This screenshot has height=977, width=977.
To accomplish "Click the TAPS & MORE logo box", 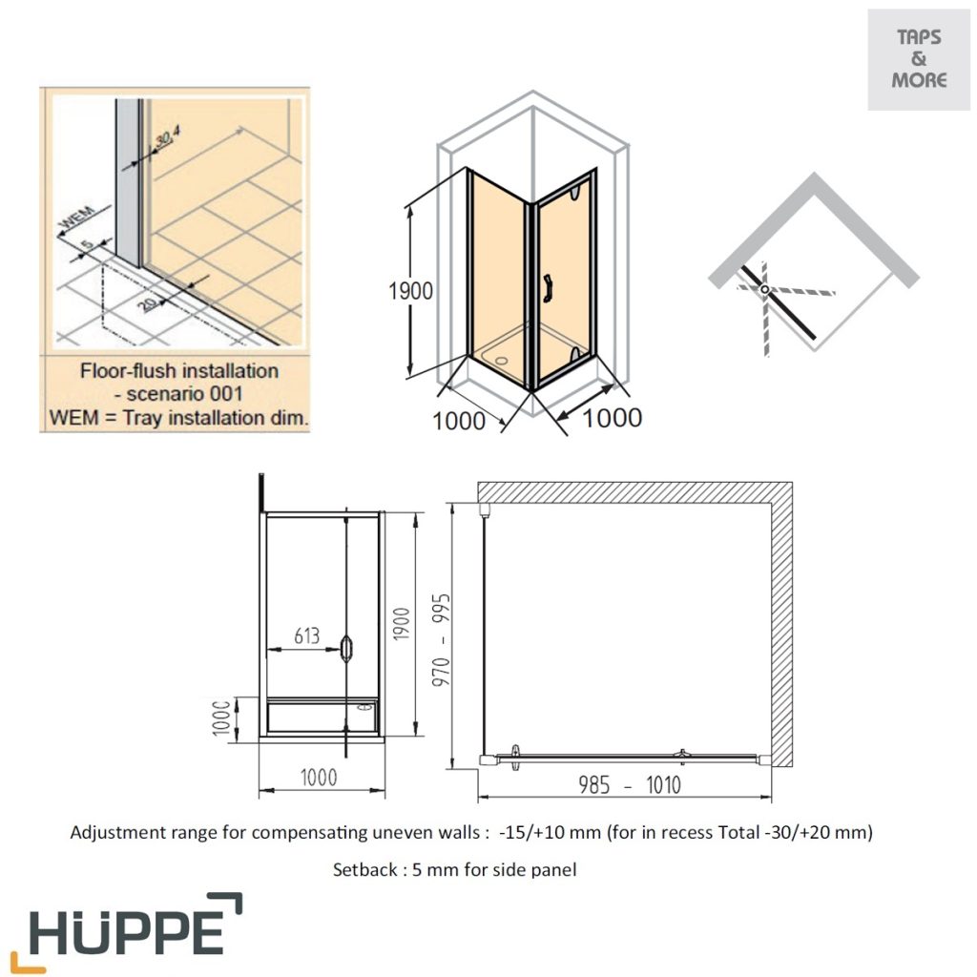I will click(918, 59).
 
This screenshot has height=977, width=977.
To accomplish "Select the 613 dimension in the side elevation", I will click(306, 636).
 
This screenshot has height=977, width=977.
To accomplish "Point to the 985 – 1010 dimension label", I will click(630, 784).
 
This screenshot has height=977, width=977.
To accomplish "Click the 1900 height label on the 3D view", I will click(410, 291).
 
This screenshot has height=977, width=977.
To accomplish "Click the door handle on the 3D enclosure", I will click(548, 287).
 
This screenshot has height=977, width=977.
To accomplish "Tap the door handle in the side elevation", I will click(346, 649).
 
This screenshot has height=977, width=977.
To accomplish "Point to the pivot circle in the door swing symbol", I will click(763, 286).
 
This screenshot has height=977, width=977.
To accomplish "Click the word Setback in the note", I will click(362, 869).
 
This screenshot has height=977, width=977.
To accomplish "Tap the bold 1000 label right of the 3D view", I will click(612, 418).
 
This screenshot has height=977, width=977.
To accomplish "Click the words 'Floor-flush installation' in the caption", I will click(178, 370).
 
